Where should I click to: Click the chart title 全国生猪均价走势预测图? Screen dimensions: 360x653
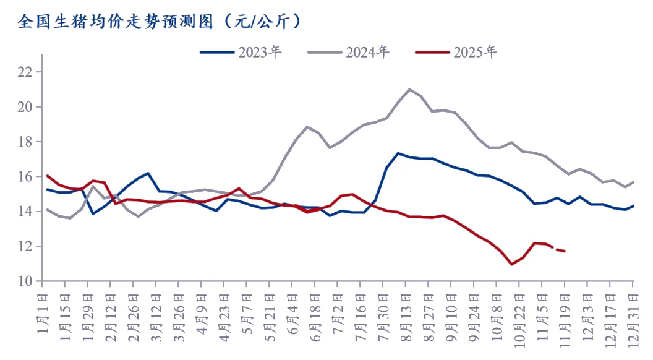click(114, 22)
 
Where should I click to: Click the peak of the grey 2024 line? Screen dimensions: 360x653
click(409, 89)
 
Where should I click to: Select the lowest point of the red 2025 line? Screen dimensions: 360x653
click(511, 264)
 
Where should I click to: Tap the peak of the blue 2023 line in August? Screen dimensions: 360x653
click(398, 153)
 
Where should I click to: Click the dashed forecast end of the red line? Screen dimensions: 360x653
click(565, 251)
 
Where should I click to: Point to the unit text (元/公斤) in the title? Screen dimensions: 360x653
click(262, 22)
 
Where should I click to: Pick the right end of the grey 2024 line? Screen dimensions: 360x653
click(634, 181)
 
